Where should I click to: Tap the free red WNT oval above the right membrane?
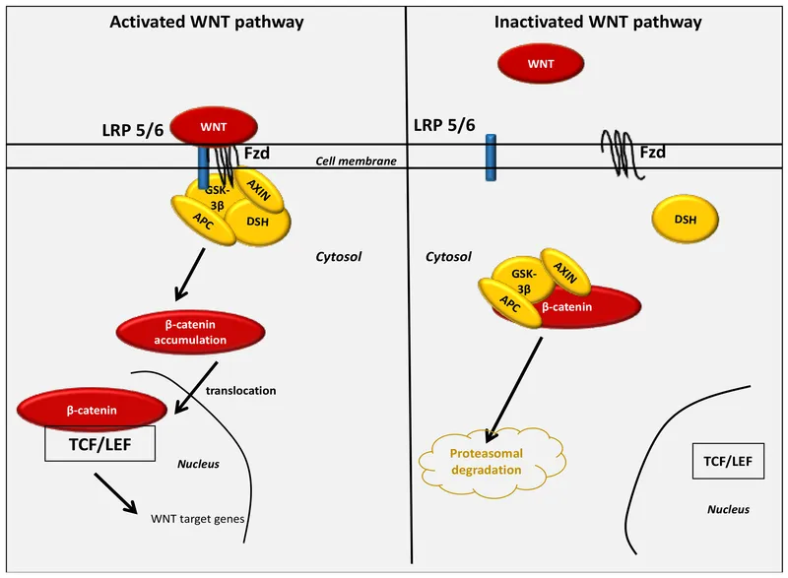click(540, 64)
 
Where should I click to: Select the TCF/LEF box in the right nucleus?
click(724, 460)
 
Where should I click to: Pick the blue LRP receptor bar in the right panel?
click(491, 158)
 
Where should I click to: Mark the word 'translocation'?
click(240, 391)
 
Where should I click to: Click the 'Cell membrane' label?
click(349, 160)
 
